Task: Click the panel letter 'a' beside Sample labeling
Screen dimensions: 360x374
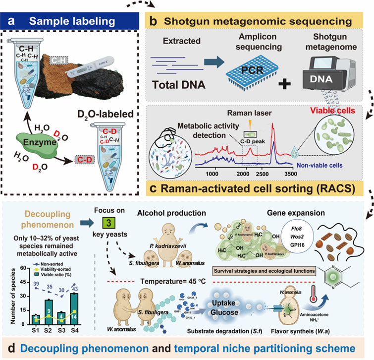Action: tap(11, 22)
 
